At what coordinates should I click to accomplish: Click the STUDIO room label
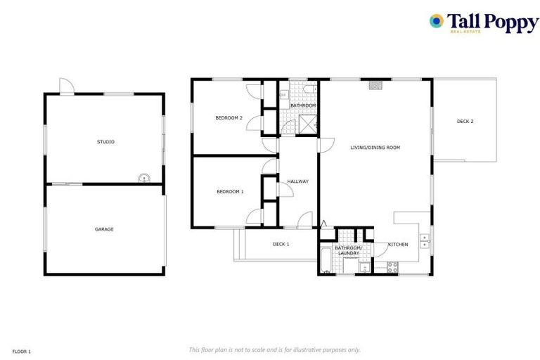[105, 142]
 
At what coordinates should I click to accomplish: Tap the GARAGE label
[104, 229]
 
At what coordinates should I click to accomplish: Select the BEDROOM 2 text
[229, 118]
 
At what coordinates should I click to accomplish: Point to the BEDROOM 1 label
[230, 191]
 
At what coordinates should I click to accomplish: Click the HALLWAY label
[297, 181]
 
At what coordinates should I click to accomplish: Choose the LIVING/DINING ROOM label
[375, 148]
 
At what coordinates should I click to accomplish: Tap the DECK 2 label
[465, 122]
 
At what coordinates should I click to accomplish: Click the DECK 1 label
[281, 244]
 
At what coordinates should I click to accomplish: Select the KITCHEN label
[398, 245]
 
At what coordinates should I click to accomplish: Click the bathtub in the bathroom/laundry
[326, 260]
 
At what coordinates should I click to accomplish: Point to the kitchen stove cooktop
[392, 267]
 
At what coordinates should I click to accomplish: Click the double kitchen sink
[425, 241]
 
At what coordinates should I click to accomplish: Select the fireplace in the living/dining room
[377, 84]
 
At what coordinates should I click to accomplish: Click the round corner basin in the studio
[143, 179]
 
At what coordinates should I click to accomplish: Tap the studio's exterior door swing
[65, 86]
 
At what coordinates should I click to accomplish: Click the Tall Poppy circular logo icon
[437, 21]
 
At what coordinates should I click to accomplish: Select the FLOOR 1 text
[22, 351]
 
